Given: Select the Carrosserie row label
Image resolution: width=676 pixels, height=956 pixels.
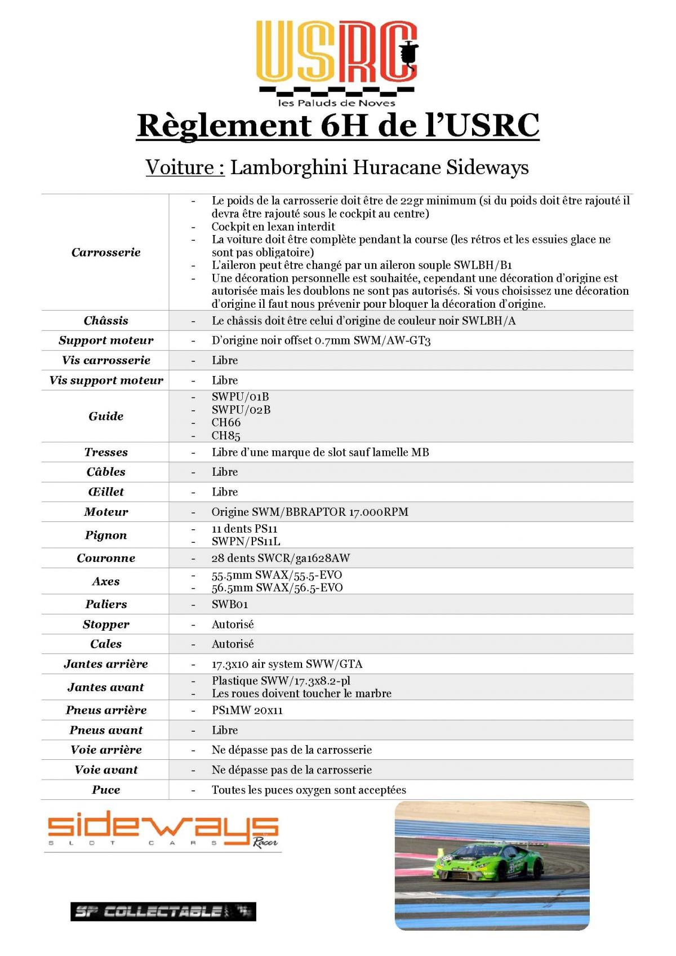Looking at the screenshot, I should coord(106,252).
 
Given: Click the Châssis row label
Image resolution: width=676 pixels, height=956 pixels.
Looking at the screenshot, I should coord(106,321).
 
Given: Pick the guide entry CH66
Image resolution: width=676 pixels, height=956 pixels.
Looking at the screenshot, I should coord(226,422).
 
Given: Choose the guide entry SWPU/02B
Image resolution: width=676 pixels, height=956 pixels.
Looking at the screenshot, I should coord(241,409).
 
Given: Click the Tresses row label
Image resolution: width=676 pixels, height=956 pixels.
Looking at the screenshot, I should coord(106,452).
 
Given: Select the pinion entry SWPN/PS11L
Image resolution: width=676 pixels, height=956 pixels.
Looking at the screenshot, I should coord(246,541).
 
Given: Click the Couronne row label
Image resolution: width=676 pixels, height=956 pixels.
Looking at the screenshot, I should coord(106,558).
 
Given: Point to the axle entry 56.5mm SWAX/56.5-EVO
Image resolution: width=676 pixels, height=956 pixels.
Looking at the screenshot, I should coord(277,587).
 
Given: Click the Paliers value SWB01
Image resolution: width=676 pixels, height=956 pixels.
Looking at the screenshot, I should coord(230,604).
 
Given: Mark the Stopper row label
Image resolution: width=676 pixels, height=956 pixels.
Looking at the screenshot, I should coord(106,624).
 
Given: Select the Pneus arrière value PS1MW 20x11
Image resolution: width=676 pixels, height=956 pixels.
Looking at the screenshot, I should coord(247,710).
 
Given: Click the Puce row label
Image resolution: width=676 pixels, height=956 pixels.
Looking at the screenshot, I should coord(106,790).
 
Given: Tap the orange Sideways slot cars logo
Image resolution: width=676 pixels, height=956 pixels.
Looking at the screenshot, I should coord(163,830).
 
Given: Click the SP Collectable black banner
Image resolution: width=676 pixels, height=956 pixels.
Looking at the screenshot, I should coord(163,911).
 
